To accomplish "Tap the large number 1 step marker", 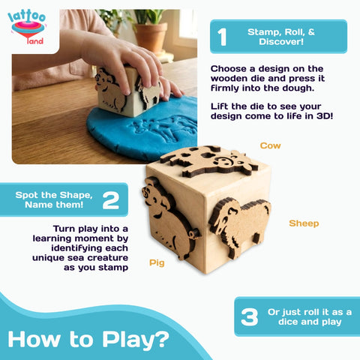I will click(222, 36).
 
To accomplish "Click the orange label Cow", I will click(271, 145).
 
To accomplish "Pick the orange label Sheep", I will click(304, 223).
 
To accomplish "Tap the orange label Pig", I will click(156, 263).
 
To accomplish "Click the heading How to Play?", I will click(88, 339).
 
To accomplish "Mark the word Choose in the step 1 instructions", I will click(228, 67).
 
